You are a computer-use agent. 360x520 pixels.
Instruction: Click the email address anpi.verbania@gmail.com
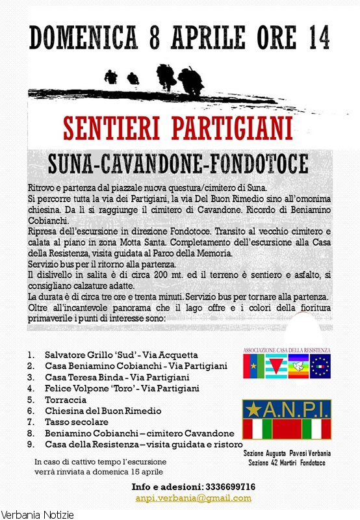[x=193, y=498]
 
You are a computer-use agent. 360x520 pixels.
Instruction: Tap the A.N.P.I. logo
[x=287, y=420]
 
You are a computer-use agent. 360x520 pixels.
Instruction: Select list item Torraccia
[x=66, y=400]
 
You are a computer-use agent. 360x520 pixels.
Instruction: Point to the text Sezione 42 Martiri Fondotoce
[x=287, y=462]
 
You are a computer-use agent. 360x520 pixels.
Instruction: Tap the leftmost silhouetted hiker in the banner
[x=111, y=77]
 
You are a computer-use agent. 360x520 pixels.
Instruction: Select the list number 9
[x=31, y=444]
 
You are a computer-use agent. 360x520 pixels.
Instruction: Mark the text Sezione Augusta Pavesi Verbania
[x=287, y=452]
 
